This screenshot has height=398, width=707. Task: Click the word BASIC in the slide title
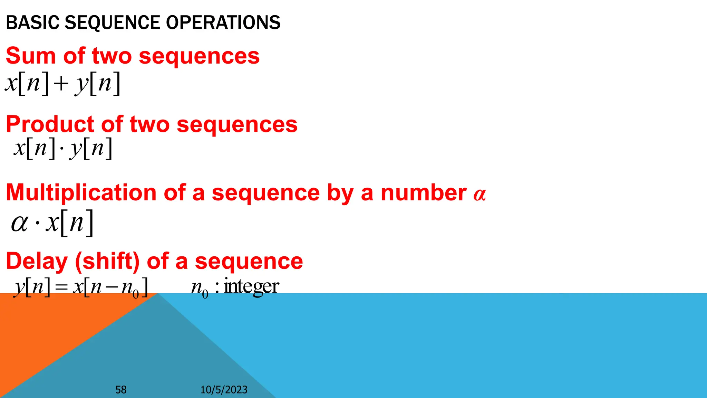point(32,23)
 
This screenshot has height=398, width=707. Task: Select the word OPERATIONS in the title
point(223,23)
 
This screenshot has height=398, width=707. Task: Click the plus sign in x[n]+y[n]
point(61,84)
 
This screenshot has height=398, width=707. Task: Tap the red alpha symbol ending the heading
point(480,195)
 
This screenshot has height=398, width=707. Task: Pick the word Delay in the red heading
point(37,261)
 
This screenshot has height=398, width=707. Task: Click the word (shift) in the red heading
point(107,261)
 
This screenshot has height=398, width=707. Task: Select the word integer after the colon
point(251,287)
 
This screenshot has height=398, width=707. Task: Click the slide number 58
point(121,390)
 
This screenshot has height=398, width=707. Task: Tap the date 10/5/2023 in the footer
point(224,390)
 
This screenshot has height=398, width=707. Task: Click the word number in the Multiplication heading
point(423,193)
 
